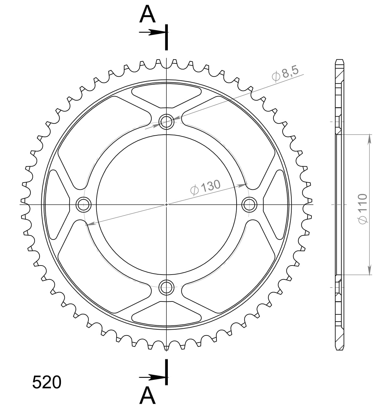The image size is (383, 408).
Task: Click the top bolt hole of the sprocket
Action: [166, 122]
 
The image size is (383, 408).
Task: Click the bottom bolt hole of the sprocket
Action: [166, 287]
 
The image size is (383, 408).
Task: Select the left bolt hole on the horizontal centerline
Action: [84, 204]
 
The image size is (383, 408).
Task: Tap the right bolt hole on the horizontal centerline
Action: [250, 204]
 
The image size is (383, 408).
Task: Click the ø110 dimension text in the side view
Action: [362, 209]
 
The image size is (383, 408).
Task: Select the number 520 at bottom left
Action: [47, 382]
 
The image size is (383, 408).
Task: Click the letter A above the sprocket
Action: [147, 15]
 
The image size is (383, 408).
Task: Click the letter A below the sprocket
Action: [147, 395]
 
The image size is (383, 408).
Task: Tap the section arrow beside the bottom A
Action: [152, 377]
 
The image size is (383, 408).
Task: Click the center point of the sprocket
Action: [166, 204]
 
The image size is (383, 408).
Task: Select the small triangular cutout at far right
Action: [275, 204]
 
